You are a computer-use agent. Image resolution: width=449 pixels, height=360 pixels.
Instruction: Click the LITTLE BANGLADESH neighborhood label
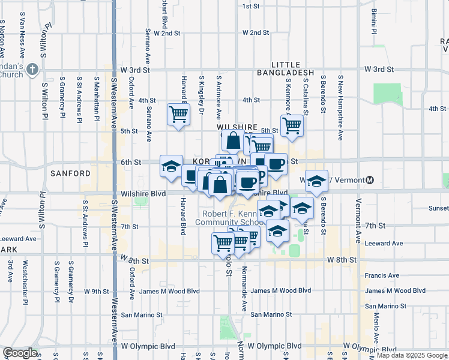tap(293, 68)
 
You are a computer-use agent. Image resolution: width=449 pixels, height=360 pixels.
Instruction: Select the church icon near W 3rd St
tap(32, 70)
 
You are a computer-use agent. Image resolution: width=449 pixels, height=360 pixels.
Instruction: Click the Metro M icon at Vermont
tap(370, 180)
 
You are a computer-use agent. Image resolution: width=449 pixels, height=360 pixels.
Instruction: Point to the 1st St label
tap(250, 6)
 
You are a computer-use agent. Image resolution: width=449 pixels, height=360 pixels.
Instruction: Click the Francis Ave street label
tap(382, 275)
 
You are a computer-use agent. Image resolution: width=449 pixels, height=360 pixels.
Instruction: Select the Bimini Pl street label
tap(373, 20)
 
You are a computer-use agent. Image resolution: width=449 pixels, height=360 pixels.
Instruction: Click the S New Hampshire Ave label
tap(340, 107)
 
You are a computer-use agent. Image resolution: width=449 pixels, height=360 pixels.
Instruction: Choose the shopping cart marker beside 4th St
tap(179, 113)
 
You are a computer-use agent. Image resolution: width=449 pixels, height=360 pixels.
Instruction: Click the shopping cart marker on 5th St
tap(292, 126)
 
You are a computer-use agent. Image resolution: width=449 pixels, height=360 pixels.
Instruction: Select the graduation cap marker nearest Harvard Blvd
tap(171, 166)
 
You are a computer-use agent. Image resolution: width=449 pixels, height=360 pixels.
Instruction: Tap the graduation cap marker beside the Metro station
tap(316, 179)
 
